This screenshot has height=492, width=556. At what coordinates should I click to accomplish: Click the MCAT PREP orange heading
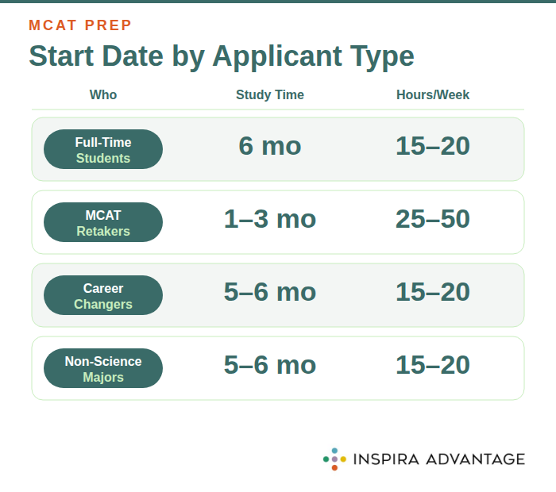[x=80, y=25]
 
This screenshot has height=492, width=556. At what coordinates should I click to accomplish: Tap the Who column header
[x=103, y=95]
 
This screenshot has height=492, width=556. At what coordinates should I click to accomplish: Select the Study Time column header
[x=270, y=95]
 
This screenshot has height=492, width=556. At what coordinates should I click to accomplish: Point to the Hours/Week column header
[x=433, y=95]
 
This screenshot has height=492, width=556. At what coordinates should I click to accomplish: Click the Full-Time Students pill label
[x=103, y=150]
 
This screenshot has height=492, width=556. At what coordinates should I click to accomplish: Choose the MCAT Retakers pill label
[x=103, y=223]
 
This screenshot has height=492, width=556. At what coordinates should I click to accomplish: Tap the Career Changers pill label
[x=103, y=296]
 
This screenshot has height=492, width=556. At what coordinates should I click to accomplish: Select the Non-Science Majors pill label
[x=103, y=369]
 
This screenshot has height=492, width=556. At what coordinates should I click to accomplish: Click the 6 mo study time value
[x=270, y=147]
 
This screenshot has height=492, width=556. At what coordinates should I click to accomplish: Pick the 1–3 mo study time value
[x=270, y=220]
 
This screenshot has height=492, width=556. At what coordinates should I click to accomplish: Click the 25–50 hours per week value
[x=433, y=220]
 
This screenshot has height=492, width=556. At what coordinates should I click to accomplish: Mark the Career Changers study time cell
[x=270, y=293]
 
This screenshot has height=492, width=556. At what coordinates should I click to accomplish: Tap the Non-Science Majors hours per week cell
[x=433, y=366]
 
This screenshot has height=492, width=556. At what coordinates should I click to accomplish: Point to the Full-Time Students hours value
[x=433, y=147]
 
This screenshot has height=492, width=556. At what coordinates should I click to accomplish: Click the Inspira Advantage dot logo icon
[x=334, y=459]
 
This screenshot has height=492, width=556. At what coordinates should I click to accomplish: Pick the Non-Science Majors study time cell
[x=270, y=366]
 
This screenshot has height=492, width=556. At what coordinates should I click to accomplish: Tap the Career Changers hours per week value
[x=433, y=293]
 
